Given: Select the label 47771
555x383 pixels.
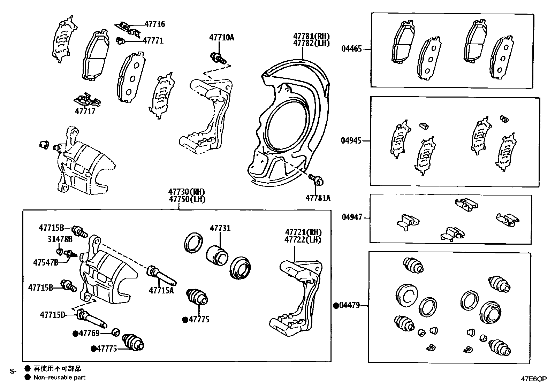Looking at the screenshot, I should click(153, 41).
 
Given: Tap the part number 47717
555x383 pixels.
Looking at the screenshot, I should click(85, 112).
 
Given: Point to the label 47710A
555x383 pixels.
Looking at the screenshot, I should click(222, 37).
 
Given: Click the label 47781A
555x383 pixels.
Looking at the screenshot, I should click(318, 198).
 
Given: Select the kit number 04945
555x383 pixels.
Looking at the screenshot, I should click(351, 141).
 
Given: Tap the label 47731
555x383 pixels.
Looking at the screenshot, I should click(220, 228).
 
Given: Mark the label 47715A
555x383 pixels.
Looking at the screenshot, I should click(161, 290).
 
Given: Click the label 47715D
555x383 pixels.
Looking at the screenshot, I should click(53, 315).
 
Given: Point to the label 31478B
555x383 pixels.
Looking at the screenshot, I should click(60, 239).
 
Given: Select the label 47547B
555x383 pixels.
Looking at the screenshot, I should click(46, 262).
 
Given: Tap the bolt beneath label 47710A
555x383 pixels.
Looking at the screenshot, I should click(217, 58).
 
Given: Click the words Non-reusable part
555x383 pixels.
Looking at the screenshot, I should click(59, 377).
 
